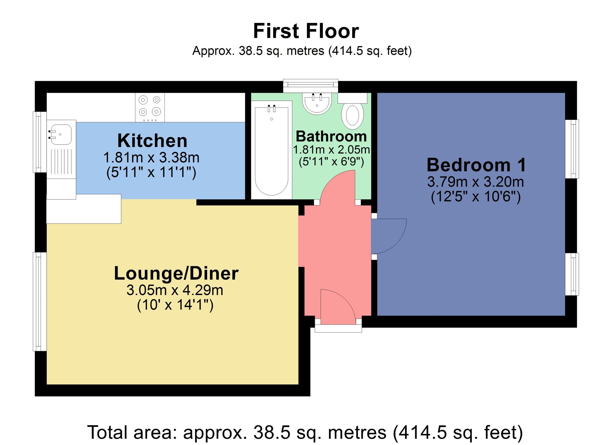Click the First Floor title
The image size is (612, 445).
pyautogui.click(x=306, y=31)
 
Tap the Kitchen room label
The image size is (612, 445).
pyautogui.click(x=152, y=141)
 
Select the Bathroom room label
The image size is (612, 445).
pyautogui.click(x=331, y=136)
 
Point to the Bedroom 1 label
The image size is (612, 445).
pyautogui.click(x=477, y=165)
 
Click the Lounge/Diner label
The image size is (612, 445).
pyautogui.click(x=176, y=274)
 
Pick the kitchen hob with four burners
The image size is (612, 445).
pyautogui.click(x=150, y=107)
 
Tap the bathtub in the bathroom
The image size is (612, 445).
pyautogui.click(x=272, y=150)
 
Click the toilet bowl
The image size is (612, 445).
pyautogui.click(x=352, y=116)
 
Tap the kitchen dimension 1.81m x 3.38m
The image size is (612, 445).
pyautogui.click(x=151, y=158)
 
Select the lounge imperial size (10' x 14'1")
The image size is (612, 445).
pyautogui.click(x=175, y=305)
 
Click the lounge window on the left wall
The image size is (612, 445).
pyautogui.click(x=40, y=301)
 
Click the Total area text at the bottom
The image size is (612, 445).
pyautogui.click(x=305, y=432)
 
